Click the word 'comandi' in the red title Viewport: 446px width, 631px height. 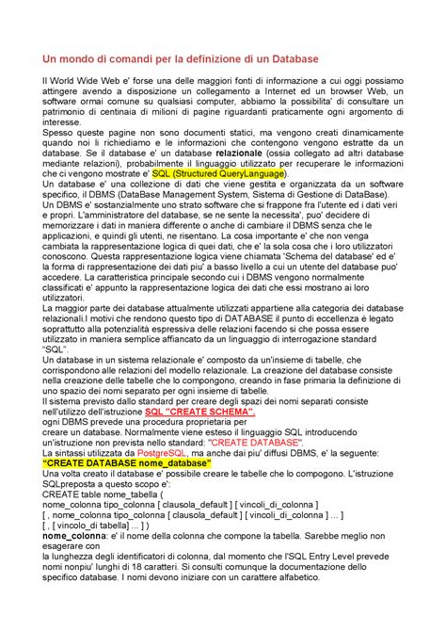coord(125,58)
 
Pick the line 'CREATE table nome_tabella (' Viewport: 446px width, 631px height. coord(107,493)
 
